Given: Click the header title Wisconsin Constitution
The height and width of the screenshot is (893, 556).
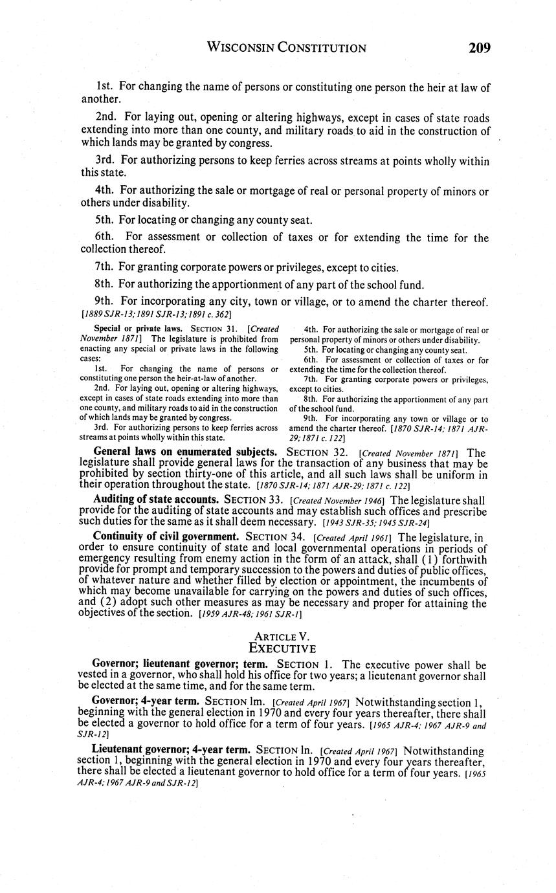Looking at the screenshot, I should tap(286, 48).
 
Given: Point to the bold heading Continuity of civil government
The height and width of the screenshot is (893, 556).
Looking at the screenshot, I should tap(166, 536).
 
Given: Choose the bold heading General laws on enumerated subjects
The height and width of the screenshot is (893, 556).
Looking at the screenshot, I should tap(186, 451).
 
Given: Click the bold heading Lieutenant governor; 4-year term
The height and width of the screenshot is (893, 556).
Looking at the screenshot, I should tap(172, 751).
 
